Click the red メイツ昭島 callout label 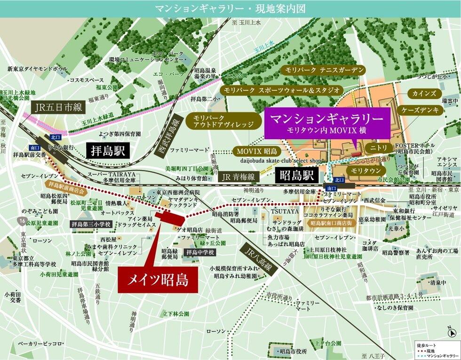153,280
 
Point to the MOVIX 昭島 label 256,151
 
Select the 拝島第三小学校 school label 91,224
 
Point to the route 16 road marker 21,220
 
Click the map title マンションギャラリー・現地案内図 230,8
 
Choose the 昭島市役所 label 293,351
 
